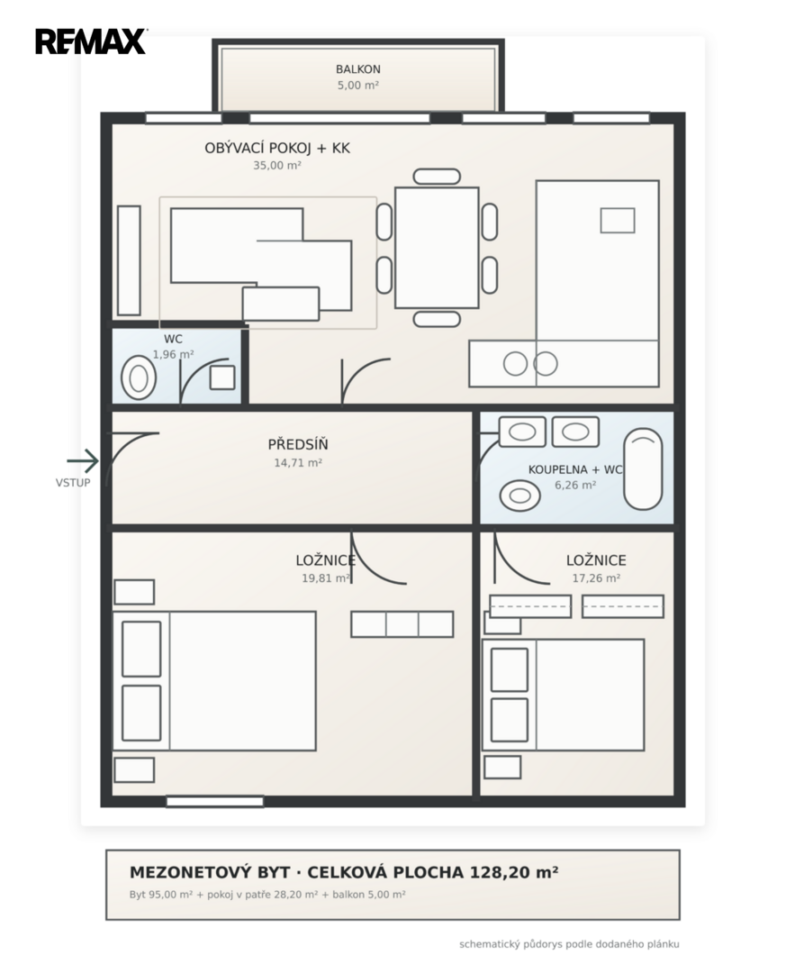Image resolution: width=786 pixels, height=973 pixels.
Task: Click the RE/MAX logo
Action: [91, 41]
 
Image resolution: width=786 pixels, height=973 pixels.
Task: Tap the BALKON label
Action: [358, 69]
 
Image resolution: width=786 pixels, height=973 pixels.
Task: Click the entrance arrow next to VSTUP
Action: [83, 461]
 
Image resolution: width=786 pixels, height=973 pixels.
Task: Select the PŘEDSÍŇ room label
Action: [298, 444]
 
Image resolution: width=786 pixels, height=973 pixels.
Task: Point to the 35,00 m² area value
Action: [276, 166]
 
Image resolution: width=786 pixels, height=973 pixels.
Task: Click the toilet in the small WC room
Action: [139, 377]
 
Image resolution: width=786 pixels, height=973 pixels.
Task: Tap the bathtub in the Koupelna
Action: [643, 469]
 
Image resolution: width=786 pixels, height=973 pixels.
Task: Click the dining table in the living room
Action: [437, 248]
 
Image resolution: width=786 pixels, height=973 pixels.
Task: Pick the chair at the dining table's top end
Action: [437, 177]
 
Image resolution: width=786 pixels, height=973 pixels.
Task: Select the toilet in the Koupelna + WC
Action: [519, 496]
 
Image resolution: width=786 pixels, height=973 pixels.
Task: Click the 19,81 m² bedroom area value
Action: [326, 578]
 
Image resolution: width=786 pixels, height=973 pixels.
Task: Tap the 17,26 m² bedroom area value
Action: [596, 578]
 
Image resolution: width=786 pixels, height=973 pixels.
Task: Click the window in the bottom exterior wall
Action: [214, 802]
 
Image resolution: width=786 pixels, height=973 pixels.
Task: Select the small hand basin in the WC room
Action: [222, 377]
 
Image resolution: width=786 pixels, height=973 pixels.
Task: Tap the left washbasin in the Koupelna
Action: [522, 432]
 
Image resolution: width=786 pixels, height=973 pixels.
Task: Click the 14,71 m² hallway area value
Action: [298, 463]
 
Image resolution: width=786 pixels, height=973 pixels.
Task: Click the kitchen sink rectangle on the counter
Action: [618, 221]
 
